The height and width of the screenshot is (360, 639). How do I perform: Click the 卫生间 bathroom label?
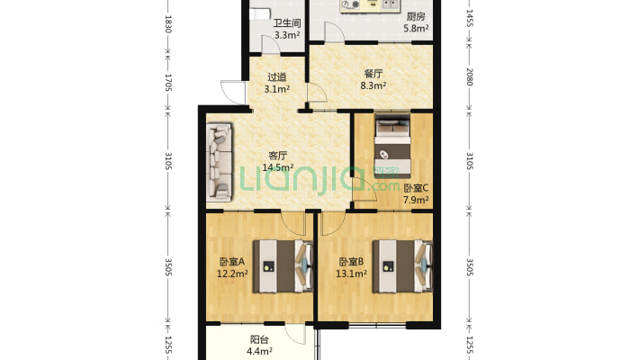(x=287, y=23)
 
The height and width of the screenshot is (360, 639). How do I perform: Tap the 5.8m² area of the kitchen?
(x=416, y=29)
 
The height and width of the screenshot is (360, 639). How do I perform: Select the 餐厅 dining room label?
(x=373, y=74)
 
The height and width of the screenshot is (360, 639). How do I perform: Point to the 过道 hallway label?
(x=276, y=76)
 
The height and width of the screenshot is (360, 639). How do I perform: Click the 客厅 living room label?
(x=278, y=156)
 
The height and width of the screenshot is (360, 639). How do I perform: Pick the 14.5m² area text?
(x=278, y=167)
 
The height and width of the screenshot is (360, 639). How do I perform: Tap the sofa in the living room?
(x=220, y=162)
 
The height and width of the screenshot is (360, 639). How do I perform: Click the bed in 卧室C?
(x=392, y=146)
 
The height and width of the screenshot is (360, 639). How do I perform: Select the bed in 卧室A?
(x=283, y=266)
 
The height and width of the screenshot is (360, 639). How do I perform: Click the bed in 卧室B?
(x=402, y=266)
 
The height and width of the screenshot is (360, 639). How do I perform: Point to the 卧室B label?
(x=351, y=261)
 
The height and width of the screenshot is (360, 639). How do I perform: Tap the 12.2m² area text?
(x=232, y=274)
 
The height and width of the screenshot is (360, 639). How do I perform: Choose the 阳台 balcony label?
(x=259, y=339)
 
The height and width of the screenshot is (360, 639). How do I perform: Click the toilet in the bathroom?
(x=259, y=14)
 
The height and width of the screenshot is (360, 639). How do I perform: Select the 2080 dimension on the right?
(x=470, y=76)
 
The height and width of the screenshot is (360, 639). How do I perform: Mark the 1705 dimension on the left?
(x=168, y=83)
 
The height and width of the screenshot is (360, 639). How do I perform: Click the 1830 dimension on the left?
(x=168, y=24)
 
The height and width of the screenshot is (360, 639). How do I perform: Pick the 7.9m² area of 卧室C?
(x=416, y=200)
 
